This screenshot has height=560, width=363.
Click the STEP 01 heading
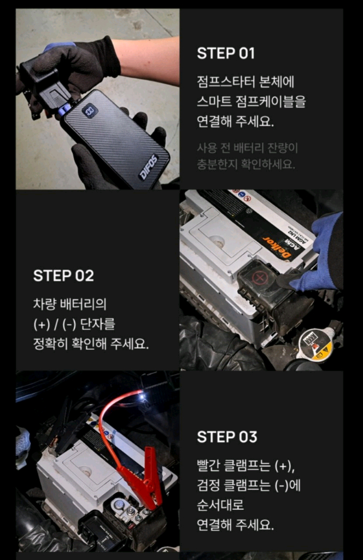tap(226, 54)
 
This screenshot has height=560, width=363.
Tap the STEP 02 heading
tap(63, 276)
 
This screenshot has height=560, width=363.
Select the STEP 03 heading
tap(227, 437)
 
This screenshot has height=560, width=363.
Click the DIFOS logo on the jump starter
tap(148, 167)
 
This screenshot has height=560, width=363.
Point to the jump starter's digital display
tap(90, 110)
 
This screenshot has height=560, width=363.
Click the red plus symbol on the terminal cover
tap(260, 277)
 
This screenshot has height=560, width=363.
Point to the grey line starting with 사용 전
tap(247, 148)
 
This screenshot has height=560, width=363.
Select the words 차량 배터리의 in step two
tap(69, 304)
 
